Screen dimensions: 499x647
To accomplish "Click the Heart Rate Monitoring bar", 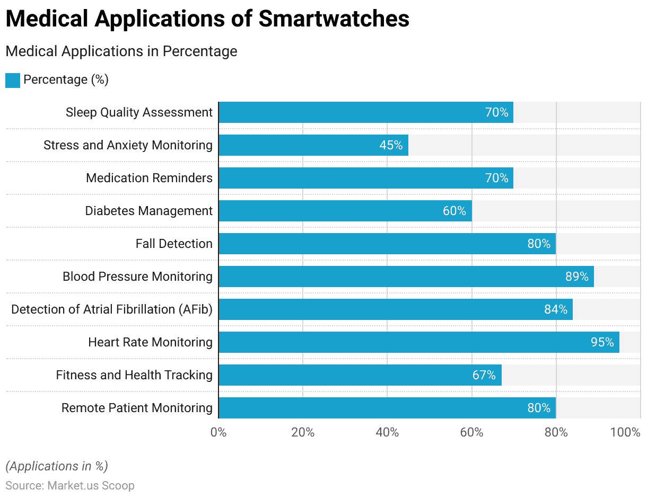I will pos(418,342).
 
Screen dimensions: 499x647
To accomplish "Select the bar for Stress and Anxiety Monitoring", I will pos(313,145).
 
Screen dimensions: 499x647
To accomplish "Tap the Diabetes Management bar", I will pos(345,211).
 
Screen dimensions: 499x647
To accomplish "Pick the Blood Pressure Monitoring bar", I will pos(406,277).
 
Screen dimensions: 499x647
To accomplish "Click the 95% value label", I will pos(602,342).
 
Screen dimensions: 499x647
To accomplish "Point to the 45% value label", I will pos(391,145).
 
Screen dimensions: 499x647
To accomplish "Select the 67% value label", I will pos(484,375).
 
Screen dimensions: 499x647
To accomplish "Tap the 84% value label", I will pos(555,309).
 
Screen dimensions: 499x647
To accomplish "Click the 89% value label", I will pos(576,277).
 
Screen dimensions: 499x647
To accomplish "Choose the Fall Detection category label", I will pos(174,244).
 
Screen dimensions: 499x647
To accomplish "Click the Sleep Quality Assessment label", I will pos(139,112).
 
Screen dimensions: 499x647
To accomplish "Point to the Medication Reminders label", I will pos(149,178).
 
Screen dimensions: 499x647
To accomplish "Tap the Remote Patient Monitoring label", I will pos(137,408).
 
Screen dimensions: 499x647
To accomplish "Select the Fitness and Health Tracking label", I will pos(134,375).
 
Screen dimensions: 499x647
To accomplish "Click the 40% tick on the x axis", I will pos(387,432).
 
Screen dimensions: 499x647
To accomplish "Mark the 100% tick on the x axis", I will pos(625,432).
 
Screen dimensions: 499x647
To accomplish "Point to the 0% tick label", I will pos(218,432).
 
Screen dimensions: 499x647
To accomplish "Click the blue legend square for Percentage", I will pos(13,81).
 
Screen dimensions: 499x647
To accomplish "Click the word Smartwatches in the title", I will pos(334,19).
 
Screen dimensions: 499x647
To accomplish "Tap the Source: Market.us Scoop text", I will pos(70,485).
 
